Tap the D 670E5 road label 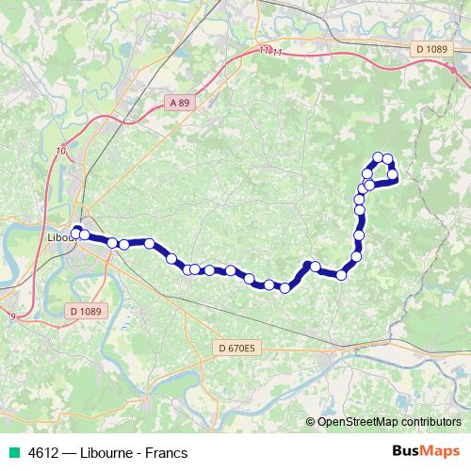236,349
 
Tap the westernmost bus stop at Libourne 76,230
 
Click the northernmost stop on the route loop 378,157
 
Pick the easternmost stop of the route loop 393,174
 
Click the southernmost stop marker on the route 284,288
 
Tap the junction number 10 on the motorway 61,150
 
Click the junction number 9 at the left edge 11,317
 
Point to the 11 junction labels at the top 269,51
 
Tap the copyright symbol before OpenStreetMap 312,422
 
